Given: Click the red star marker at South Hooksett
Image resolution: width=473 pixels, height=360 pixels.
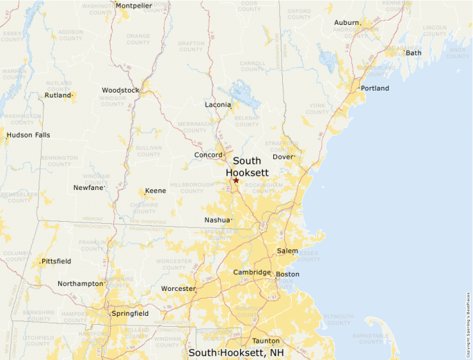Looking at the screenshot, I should pos(236,180).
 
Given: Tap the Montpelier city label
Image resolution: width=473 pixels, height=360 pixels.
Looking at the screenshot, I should pos(133,6).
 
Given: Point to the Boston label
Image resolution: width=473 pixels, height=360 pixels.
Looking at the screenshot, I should pos(287,274).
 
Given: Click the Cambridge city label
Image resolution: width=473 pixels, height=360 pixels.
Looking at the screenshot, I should pos(252,272).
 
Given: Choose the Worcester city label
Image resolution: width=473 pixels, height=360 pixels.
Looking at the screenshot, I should pos(178,288).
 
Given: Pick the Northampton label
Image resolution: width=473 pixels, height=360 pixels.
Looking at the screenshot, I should pos(80,283).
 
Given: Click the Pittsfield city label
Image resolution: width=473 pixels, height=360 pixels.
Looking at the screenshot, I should pos(56,262).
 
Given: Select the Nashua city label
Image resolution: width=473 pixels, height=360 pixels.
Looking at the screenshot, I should pos(217,220).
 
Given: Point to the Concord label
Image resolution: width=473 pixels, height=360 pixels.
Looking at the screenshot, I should pos(208,155).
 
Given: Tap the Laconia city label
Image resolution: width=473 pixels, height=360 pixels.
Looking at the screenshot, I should pos(218,105).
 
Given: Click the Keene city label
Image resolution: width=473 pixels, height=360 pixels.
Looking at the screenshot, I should pos(156,191).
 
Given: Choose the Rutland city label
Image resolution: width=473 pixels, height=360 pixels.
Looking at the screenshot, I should pos(58,95).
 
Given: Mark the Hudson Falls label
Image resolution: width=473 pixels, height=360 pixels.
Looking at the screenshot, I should pos(28,135).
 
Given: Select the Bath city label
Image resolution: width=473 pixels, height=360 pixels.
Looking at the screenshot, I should pos(414,53).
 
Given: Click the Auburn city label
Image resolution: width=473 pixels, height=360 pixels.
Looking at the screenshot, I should pos(346,23).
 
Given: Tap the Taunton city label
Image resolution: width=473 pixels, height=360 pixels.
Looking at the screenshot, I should pos(266,341).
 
